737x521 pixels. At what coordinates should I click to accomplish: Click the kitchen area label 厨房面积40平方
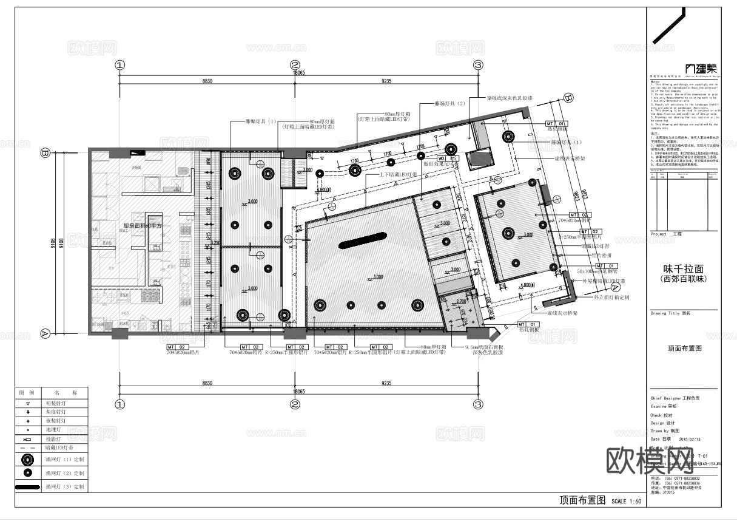pyautogui.click(x=145, y=226)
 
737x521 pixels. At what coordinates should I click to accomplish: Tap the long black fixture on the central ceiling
pyautogui.click(x=363, y=239)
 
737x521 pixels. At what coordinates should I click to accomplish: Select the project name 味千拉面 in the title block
pyautogui.click(x=684, y=268)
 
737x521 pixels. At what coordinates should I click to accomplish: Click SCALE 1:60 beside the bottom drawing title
pyautogui.click(x=627, y=502)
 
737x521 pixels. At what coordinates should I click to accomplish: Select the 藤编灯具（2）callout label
pyautogui.click(x=449, y=104)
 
